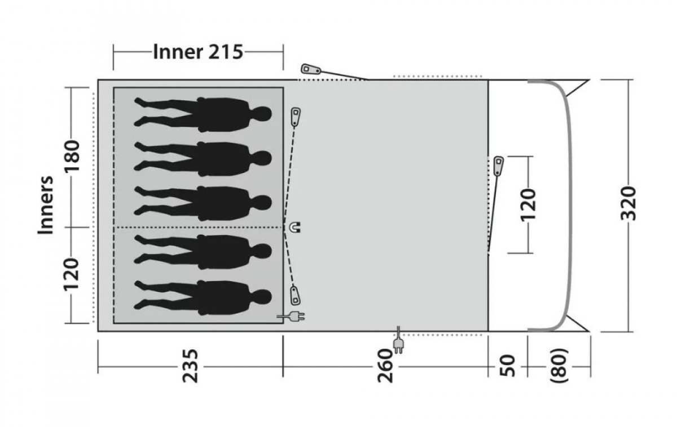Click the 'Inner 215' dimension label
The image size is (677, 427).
coord(197,52)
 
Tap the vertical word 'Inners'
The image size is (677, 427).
coord(46,206)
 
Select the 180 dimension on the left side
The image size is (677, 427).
coord(73,157)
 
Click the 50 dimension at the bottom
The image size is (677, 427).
coord(508,366)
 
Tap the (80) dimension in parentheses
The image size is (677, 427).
coord(559,366)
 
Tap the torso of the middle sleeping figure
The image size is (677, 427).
coord(223,203)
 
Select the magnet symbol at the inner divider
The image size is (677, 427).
coord(295,228)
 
